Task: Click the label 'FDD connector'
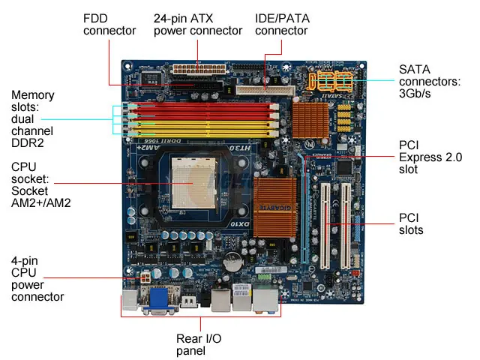tap(109, 24)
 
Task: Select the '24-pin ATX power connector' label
tap(198, 24)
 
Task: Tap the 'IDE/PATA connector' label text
tap(281, 24)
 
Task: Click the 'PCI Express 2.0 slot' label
tap(430, 157)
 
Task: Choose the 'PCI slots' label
tap(410, 223)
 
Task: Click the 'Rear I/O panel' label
tap(200, 344)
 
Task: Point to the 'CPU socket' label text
tap(34, 184)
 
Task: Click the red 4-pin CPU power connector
tap(139, 278)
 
